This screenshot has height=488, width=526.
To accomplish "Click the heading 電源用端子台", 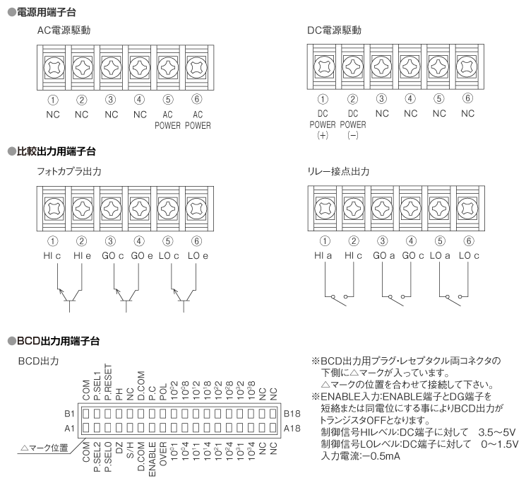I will point(44,12).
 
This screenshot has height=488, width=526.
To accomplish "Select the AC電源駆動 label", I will point(64,32).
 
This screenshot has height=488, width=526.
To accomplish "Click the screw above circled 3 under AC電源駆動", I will point(111,69).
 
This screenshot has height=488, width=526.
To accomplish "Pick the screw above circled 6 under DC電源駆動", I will point(467,69).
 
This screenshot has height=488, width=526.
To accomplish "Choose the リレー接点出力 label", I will point(340,172).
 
